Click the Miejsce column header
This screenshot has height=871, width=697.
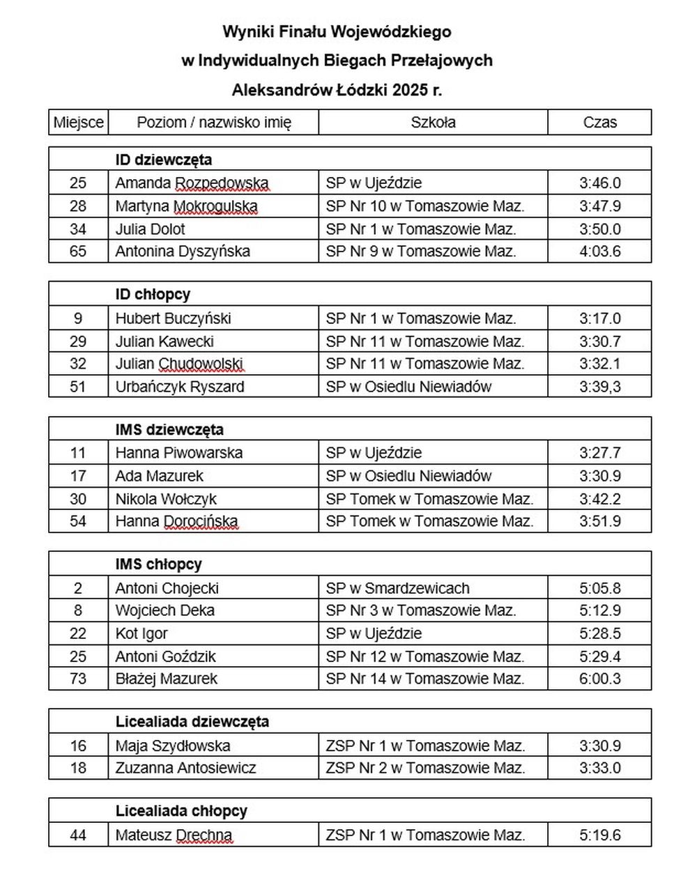78,123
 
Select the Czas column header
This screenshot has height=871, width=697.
599,123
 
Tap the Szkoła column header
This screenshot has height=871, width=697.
433,123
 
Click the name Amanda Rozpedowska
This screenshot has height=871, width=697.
192,183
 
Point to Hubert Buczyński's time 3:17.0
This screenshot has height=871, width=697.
599,319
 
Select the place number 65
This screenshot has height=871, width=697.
78,252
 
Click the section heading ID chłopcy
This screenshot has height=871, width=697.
153,295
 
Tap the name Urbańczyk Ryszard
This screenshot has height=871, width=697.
180,387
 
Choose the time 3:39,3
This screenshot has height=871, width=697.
599,387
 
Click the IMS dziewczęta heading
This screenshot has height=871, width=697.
169,430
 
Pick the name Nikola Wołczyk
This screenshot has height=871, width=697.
166,500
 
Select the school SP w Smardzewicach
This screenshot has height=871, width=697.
397,589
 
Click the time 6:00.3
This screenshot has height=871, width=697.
599,679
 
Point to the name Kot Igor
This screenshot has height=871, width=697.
141,634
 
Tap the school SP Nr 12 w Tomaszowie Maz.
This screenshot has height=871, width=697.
424,656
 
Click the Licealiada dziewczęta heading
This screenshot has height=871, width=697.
192,722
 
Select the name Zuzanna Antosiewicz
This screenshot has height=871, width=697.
185,769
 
